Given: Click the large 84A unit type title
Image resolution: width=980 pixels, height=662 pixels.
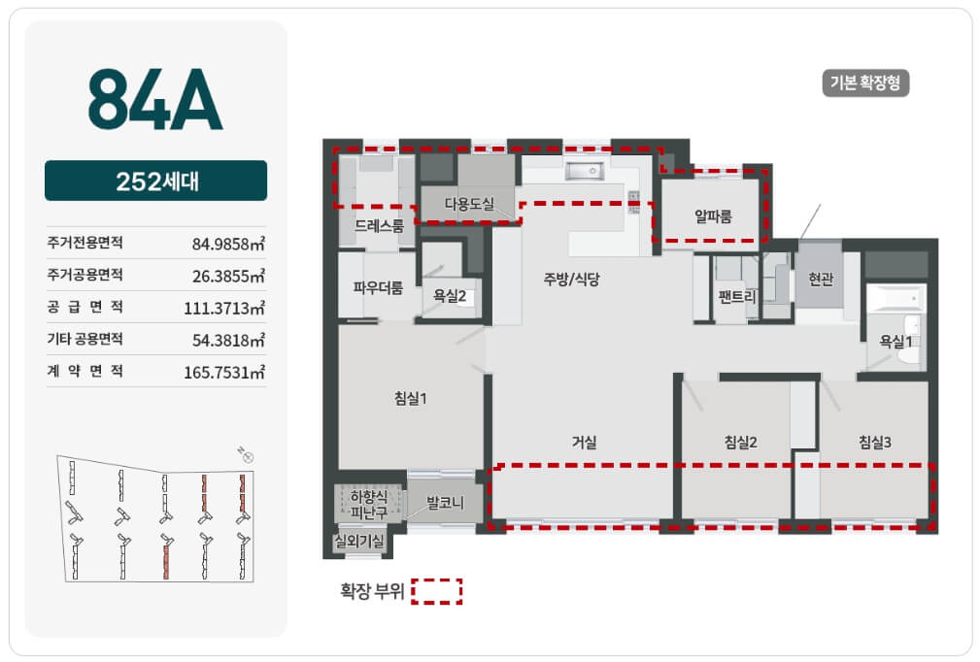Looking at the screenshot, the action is coord(155,99).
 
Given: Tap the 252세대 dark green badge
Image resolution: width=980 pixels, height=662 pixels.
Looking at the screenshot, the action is coord(155,181).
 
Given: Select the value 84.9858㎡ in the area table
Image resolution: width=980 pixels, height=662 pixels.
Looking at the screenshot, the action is coord(228,243).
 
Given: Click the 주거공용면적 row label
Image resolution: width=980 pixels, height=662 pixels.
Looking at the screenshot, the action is coord(85,275).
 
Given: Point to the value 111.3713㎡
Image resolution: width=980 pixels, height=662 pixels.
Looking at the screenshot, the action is coord(224,308).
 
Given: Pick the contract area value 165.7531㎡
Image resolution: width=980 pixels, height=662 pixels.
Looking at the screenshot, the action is coord(224,372).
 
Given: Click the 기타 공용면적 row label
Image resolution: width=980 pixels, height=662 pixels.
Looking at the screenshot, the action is coord(85,339).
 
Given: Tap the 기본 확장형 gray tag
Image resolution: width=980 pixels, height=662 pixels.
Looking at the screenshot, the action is coord(865,83).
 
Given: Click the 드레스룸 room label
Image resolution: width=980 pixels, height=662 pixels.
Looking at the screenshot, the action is coord(380,225).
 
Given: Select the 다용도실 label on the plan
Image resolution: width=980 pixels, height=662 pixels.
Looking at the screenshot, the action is coord(469,204).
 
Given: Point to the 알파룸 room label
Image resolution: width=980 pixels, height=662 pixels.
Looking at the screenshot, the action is coord(713,216).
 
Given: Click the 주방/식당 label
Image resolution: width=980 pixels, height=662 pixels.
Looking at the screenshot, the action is coord(571,280).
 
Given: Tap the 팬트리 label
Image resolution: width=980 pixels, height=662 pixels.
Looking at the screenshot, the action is coord(737,296).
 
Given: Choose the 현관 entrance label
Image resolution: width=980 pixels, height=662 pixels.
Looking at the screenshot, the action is coord(821,280).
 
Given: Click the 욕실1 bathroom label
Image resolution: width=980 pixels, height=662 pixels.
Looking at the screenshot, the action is coord(896,342).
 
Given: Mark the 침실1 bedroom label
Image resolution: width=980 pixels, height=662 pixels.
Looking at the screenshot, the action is coord(411,398).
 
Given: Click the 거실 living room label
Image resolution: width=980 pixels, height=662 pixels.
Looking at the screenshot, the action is coord(585,443).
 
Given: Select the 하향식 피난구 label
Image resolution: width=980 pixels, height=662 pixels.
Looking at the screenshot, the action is coord(369,505).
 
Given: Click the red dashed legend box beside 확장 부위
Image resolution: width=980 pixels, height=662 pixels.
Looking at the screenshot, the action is coord(437,591).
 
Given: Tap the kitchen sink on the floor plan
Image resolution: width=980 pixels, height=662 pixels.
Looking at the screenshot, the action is coord(585,171).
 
